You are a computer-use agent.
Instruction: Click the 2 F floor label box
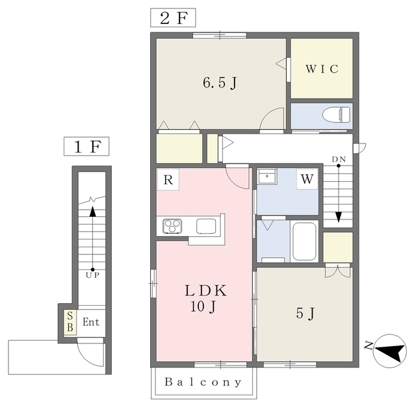pos(173,18)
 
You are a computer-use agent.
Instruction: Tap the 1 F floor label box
pos(86,146)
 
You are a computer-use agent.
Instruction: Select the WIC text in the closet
pos(322,69)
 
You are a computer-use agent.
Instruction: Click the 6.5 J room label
pos(220,82)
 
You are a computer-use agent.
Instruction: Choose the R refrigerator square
pos(168,180)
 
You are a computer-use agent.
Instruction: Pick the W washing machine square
pos(307,179)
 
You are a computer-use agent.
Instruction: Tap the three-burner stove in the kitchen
pos(172,226)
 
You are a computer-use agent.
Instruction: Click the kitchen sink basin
pos(206,226)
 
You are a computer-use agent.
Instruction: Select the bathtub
pos(304,241)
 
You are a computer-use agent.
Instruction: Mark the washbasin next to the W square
pos(267,177)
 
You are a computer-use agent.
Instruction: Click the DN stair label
pos(339,159)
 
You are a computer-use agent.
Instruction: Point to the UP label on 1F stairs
pos(92,275)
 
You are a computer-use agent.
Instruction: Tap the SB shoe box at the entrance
pos(70,322)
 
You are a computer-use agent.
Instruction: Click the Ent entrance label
pos(91,322)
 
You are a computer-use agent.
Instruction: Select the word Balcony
pos(203,382)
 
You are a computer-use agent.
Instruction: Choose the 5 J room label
pos(305,314)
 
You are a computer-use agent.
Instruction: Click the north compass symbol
pos(389,351)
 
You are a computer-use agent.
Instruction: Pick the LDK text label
pos(206,290)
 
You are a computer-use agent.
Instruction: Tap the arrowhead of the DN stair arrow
pos(339,217)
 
